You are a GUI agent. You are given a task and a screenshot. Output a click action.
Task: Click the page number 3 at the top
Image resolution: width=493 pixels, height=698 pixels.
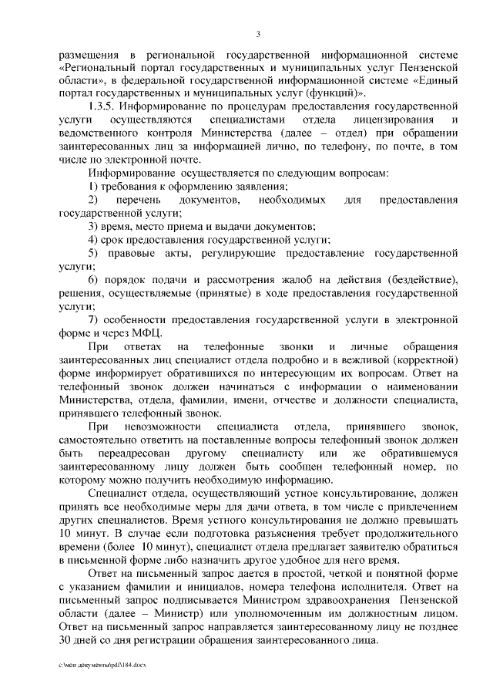(258, 33)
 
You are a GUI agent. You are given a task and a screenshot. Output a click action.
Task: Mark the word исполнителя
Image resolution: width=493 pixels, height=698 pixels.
(357, 587)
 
